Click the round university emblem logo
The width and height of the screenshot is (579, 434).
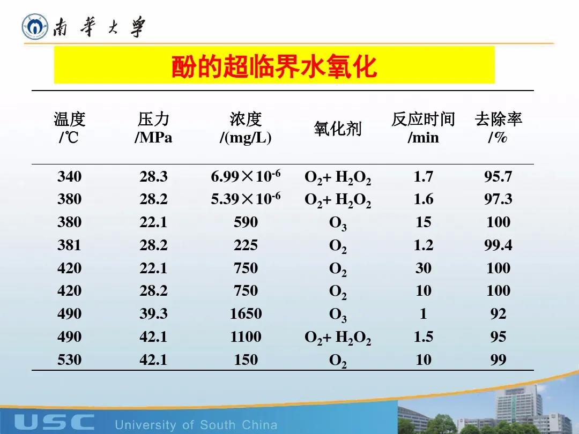pyautogui.click(x=35, y=27)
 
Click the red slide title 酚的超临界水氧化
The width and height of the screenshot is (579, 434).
pyautogui.click(x=274, y=66)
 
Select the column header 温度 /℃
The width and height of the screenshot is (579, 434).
pyautogui.click(x=69, y=128)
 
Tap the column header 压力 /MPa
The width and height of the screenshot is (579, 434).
pyautogui.click(x=153, y=128)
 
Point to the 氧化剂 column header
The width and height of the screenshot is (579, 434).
pyautogui.click(x=338, y=129)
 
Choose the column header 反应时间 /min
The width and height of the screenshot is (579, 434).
pyautogui.click(x=423, y=128)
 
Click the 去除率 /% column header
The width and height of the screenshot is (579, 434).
pyautogui.click(x=498, y=128)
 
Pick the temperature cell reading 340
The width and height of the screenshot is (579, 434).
pyautogui.click(x=69, y=176)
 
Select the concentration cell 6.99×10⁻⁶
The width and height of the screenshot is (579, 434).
pyautogui.click(x=246, y=176)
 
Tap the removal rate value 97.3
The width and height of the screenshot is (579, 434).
pyautogui.click(x=498, y=199)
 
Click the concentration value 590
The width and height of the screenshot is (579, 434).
pyautogui.click(x=246, y=222)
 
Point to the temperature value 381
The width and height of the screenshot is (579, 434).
pyautogui.click(x=69, y=245)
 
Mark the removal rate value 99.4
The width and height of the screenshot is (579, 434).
pyautogui.click(x=498, y=245)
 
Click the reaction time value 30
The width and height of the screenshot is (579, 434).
pyautogui.click(x=423, y=268)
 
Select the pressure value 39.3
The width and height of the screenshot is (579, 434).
pyautogui.click(x=153, y=313)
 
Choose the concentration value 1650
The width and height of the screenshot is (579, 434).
pyautogui.click(x=246, y=313)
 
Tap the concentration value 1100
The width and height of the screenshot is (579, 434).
pyautogui.click(x=246, y=336)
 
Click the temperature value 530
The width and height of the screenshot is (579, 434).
pyautogui.click(x=69, y=360)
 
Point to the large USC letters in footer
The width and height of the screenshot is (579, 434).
pyautogui.click(x=54, y=422)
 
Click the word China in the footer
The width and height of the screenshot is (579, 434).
pyautogui.click(x=259, y=425)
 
